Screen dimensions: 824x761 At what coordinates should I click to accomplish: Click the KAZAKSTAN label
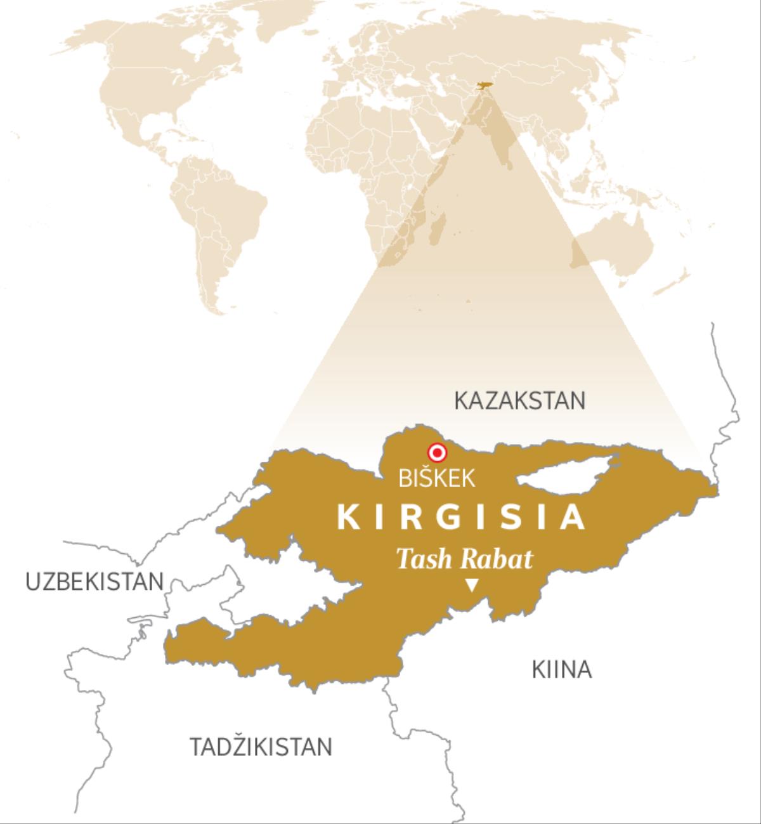click(519, 401)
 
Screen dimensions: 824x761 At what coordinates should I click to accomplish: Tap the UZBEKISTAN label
click(94, 582)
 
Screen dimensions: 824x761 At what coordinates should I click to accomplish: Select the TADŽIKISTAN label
click(261, 747)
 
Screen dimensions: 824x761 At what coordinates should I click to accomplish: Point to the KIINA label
click(561, 670)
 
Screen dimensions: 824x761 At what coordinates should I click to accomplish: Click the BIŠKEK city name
click(436, 478)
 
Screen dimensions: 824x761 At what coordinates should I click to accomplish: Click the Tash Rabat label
click(464, 559)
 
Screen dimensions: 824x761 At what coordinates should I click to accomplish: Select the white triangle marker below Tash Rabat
click(471, 585)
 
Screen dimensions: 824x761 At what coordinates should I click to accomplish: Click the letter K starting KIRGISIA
click(348, 518)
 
